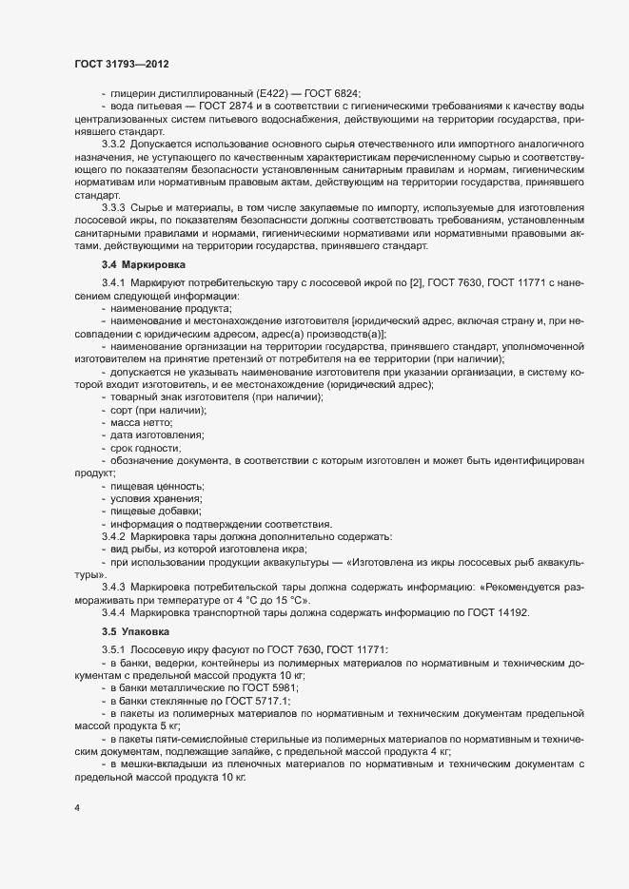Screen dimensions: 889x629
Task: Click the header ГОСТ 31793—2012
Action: tap(122, 64)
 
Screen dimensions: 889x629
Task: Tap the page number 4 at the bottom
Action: tap(77, 808)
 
